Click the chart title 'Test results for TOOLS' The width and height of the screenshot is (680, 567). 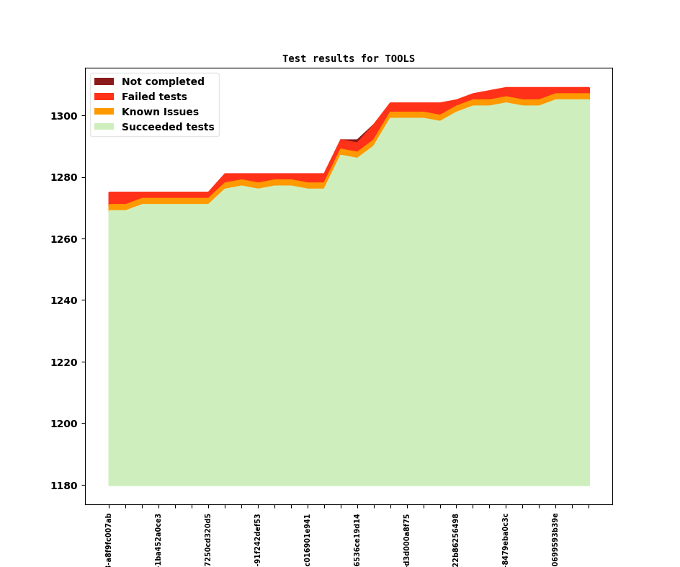pos(348,58)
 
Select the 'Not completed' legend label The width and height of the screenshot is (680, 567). pos(163,81)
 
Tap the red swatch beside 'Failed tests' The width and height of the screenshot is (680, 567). pos(104,97)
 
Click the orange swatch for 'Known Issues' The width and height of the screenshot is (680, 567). pos(104,112)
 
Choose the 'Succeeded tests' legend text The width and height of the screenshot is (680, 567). pos(168,127)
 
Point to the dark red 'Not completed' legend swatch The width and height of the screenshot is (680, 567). pos(104,81)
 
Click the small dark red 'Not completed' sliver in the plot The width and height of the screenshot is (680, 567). pos(355,140)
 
